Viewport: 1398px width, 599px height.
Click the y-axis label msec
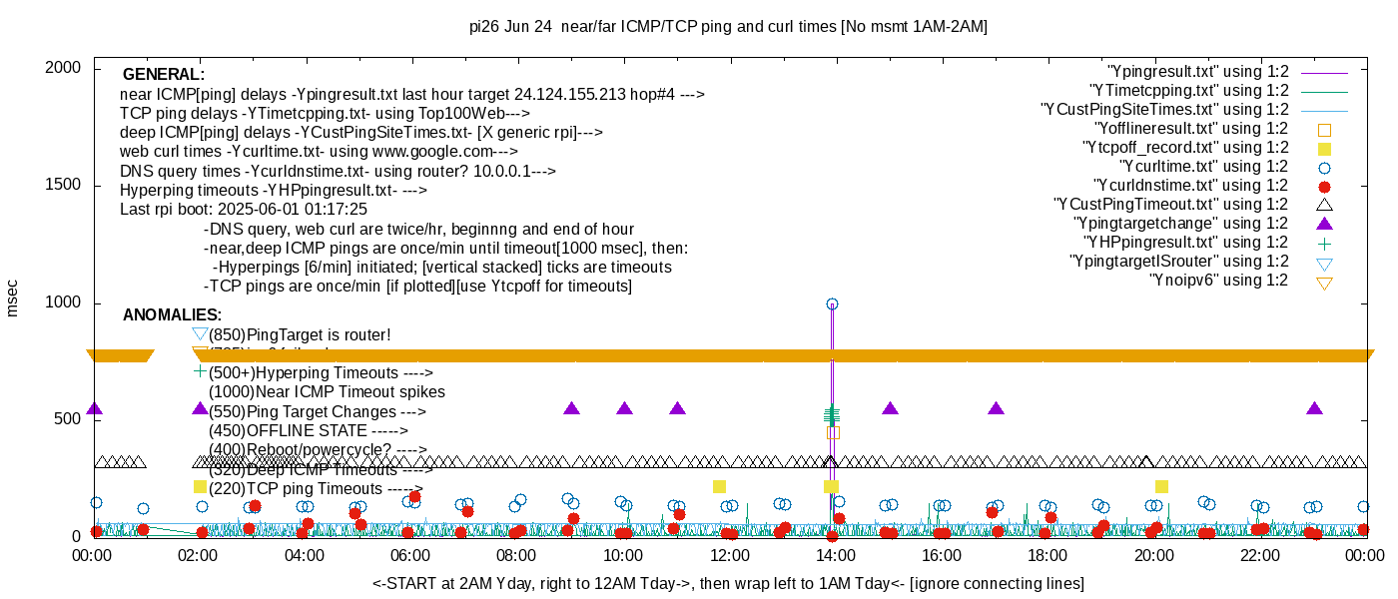tap(12, 298)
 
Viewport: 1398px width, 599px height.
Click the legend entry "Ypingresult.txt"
tap(1198, 72)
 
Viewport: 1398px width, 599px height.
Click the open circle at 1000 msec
tap(832, 303)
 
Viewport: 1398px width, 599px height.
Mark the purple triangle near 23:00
tap(1314, 408)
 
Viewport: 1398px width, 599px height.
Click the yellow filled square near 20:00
tap(1161, 486)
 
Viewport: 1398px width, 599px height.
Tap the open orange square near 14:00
tap(833, 432)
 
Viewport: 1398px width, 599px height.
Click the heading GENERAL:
tap(164, 75)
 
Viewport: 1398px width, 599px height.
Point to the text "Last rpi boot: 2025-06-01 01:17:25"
tap(244, 210)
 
